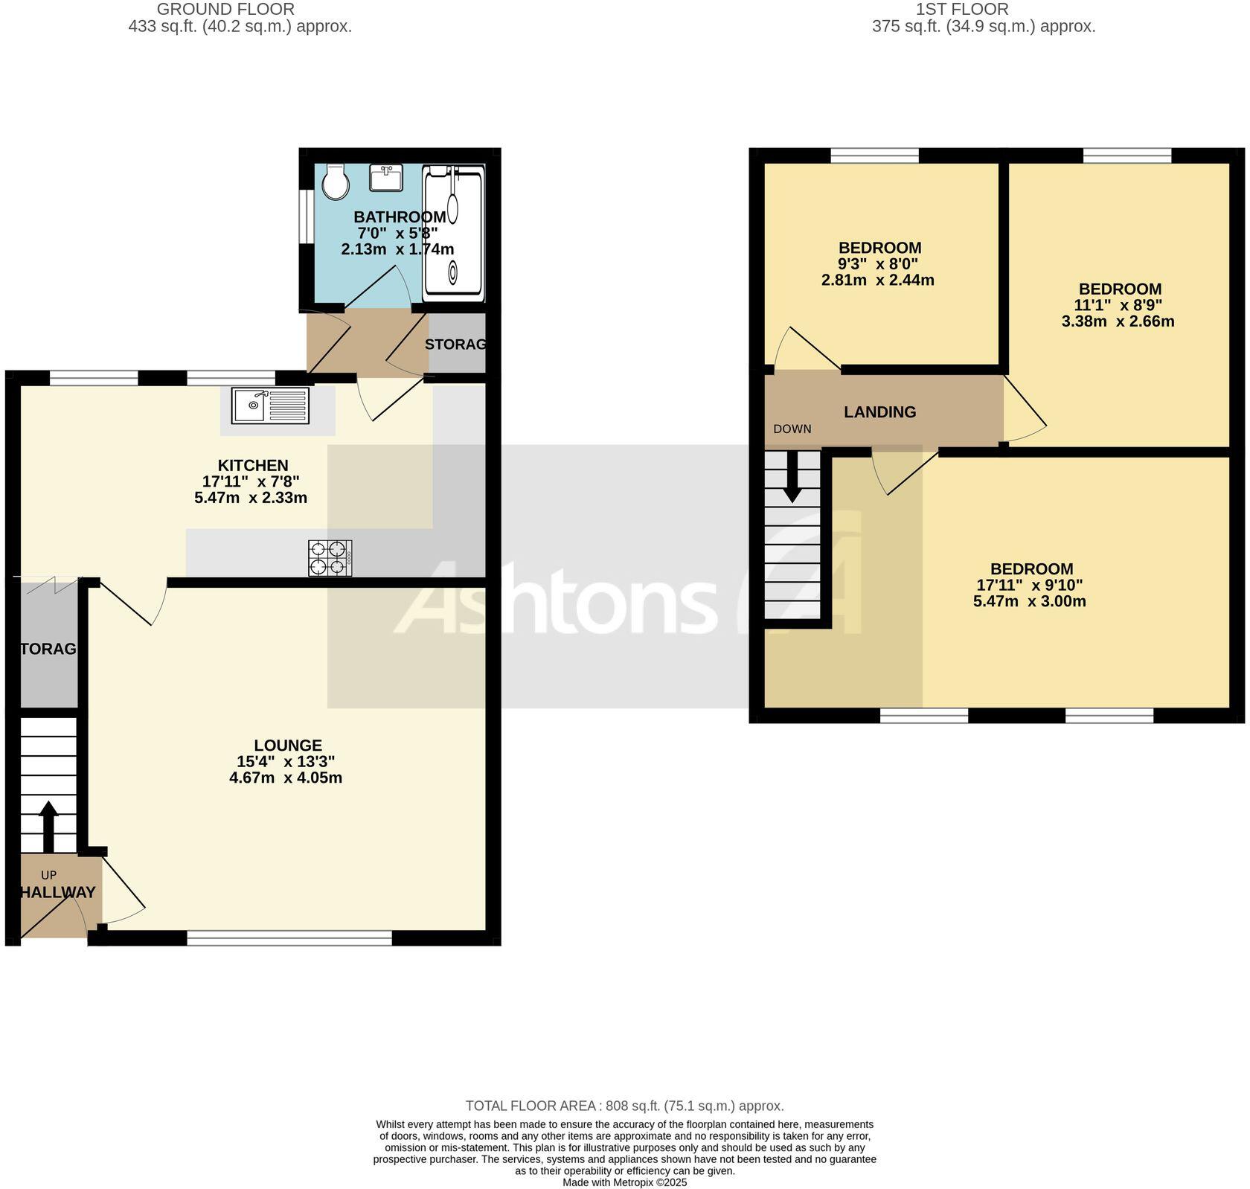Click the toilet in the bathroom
pos(336,182)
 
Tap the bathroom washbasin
pos(386,179)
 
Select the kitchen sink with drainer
pos(270,406)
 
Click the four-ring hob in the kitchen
pos(330,558)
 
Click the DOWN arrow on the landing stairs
pos(792,476)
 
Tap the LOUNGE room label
pos(288,746)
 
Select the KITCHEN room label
pos(253,466)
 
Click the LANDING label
pos(879,412)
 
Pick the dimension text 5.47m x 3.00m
pos(1030,601)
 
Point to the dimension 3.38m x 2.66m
pos(1118,321)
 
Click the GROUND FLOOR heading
pos(226,10)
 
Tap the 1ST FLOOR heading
pos(962,10)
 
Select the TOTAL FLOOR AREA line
pos(624,1106)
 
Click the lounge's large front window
pos(289,938)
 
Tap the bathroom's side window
pos(304,217)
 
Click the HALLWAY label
pos(57,892)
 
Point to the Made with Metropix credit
pos(624,1182)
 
